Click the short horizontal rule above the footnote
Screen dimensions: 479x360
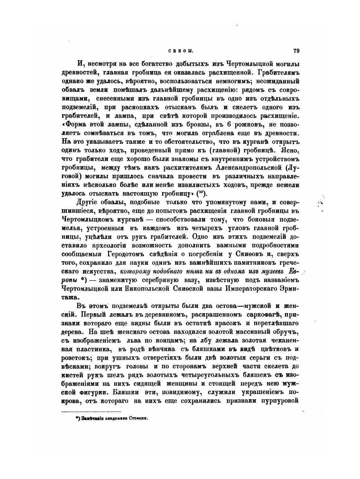91,411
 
